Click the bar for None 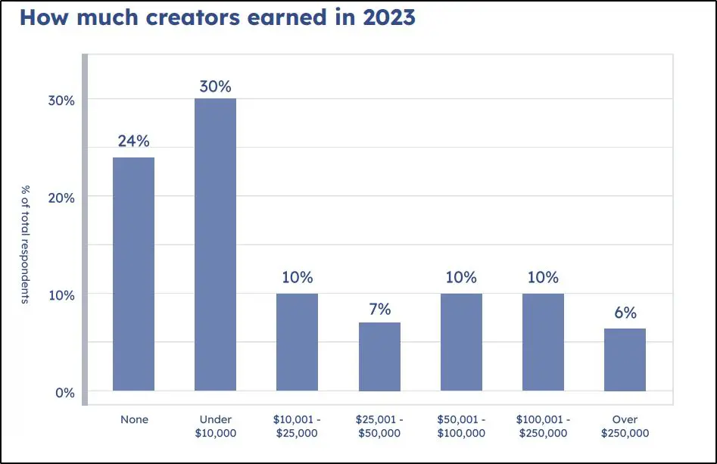point(133,274)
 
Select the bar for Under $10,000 point(215,244)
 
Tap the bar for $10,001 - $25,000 point(297,342)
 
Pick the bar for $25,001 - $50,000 point(379,357)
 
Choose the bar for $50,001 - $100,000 point(461,342)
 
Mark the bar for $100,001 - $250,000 point(543,342)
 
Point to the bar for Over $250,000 point(625,360)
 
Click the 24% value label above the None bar point(133,141)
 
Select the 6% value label point(625,313)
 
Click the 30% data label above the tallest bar point(215,86)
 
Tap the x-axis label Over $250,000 point(625,426)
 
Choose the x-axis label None point(134,419)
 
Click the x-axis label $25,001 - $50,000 point(379,426)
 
